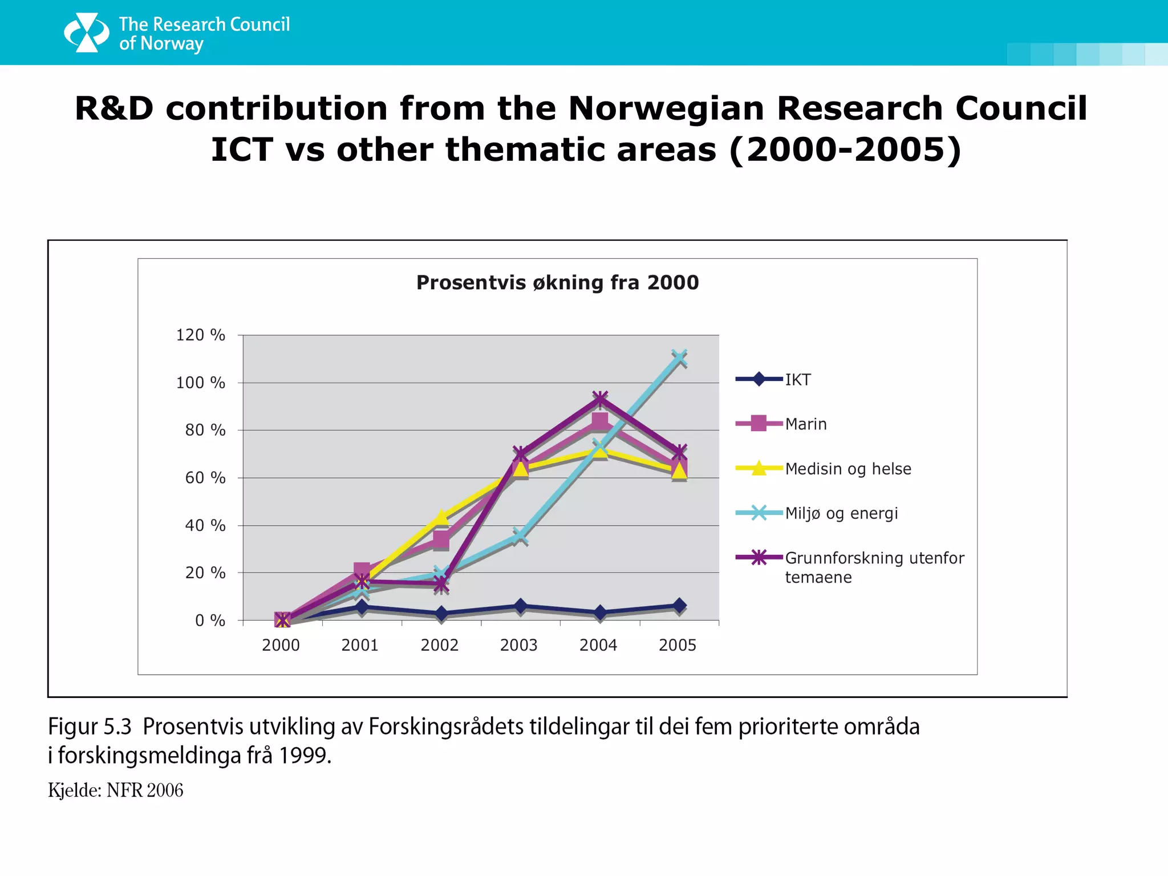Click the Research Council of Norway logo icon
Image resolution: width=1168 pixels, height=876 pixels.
click(x=86, y=33)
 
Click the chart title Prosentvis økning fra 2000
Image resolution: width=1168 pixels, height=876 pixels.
click(x=557, y=283)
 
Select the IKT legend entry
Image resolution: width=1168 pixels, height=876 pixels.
click(x=797, y=380)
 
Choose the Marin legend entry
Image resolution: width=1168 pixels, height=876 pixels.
click(x=805, y=424)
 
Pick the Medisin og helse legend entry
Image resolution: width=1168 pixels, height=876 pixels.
click(x=847, y=469)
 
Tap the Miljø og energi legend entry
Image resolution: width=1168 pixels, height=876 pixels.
click(x=841, y=513)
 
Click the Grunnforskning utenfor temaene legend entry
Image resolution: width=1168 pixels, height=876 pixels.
click(x=874, y=567)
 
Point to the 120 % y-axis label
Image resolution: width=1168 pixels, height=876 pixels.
click(x=200, y=335)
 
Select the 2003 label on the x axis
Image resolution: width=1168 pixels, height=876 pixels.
click(x=518, y=645)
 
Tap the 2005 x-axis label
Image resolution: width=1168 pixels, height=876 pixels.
click(x=678, y=645)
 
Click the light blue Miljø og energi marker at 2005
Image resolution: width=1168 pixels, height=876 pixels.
click(x=679, y=358)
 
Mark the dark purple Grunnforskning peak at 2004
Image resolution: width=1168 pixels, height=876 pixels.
click(x=599, y=399)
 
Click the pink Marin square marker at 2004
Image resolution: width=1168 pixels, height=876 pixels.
click(x=599, y=421)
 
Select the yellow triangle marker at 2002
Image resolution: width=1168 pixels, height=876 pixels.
click(x=441, y=517)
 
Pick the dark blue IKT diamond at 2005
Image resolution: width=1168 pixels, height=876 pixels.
click(x=679, y=606)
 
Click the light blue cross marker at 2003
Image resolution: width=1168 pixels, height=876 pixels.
click(x=519, y=536)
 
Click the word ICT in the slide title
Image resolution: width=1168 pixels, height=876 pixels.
click(x=242, y=149)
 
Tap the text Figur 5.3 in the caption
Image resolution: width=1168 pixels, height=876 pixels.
click(x=90, y=727)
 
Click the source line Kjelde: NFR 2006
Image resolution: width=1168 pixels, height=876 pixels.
click(x=115, y=790)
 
